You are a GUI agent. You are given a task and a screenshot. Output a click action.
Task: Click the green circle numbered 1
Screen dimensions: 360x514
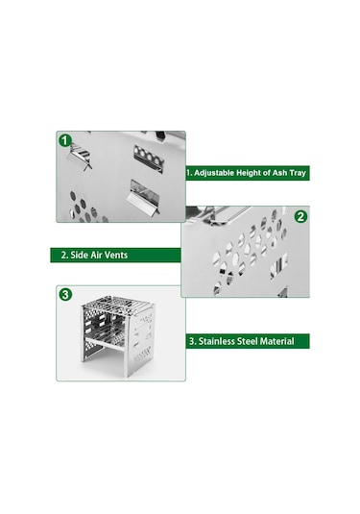pyautogui.click(x=65, y=140)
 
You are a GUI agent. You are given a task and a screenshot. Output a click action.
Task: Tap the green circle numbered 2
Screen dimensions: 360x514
pyautogui.click(x=300, y=217)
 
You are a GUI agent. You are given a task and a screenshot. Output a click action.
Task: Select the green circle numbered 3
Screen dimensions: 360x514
pyautogui.click(x=65, y=294)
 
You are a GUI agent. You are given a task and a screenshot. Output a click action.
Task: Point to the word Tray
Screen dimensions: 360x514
pyautogui.click(x=298, y=173)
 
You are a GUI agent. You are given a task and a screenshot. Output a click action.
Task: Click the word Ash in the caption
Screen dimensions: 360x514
pyautogui.click(x=279, y=173)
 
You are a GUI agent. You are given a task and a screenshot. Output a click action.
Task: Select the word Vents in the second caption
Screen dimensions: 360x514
pyautogui.click(x=114, y=255)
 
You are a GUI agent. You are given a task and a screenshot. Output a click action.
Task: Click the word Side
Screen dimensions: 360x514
pyautogui.click(x=79, y=255)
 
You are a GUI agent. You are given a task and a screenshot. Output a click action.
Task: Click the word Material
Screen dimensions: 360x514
pyautogui.click(x=277, y=341)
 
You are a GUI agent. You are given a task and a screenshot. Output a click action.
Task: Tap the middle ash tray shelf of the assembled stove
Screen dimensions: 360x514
pyautogui.click(x=105, y=335)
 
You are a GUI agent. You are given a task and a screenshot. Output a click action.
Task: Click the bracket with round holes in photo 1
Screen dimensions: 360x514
pyautogui.click(x=149, y=158)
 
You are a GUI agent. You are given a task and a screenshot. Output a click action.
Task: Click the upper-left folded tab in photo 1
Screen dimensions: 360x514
pyautogui.click(x=80, y=157)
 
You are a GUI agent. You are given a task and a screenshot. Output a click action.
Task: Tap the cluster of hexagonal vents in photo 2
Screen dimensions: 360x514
pyautogui.click(x=250, y=250)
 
